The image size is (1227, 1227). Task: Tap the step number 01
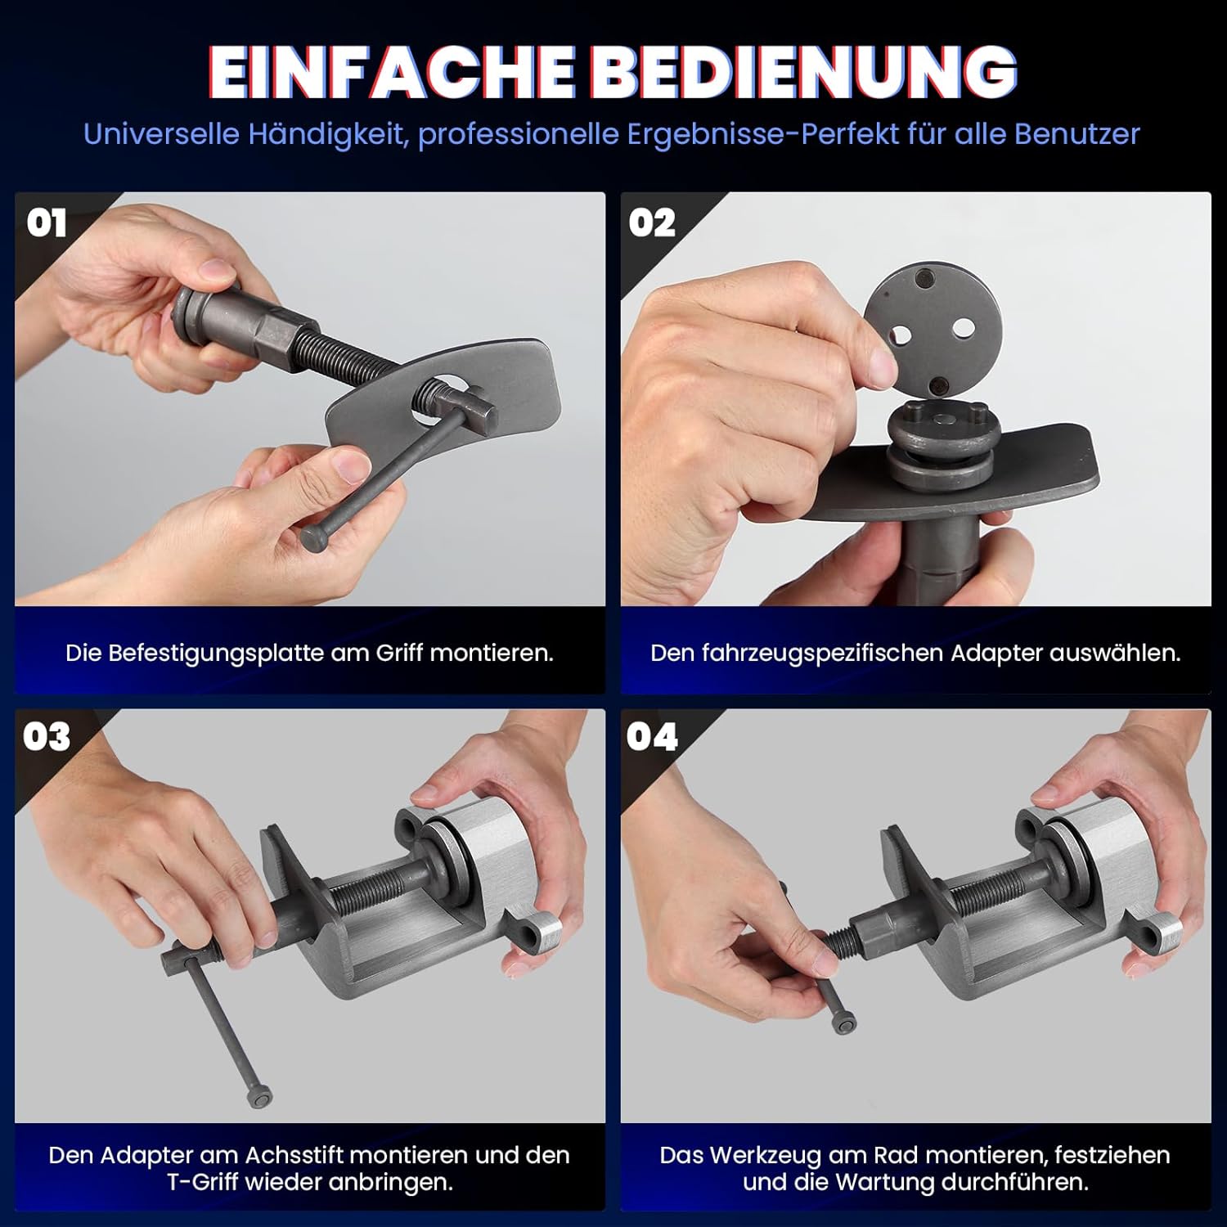[46, 223]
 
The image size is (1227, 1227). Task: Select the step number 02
[652, 223]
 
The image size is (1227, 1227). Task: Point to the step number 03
[47, 737]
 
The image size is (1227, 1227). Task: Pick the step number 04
[652, 737]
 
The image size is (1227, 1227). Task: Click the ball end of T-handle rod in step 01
[313, 537]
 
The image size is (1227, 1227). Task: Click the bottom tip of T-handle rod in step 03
[259, 1098]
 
